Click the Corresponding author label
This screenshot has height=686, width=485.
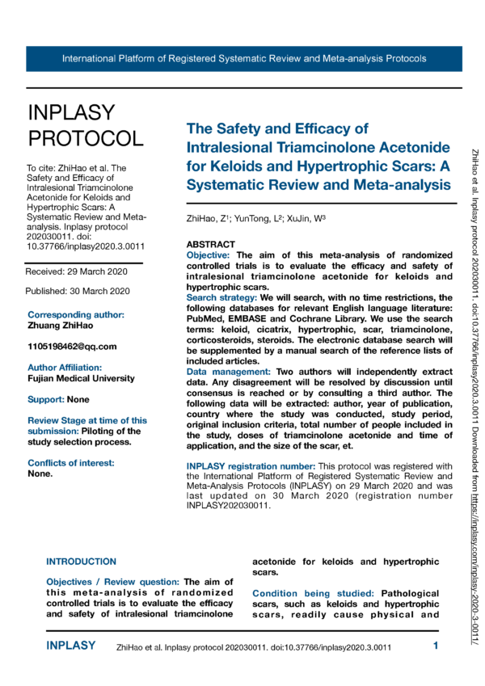coord(76,314)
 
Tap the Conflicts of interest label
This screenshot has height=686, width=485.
coord(71,463)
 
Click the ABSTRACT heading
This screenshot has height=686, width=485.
coord(210,244)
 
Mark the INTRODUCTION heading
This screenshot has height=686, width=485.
coord(81,562)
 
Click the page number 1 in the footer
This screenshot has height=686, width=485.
coord(436,646)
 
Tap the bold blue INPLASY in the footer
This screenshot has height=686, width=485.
coord(71,646)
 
